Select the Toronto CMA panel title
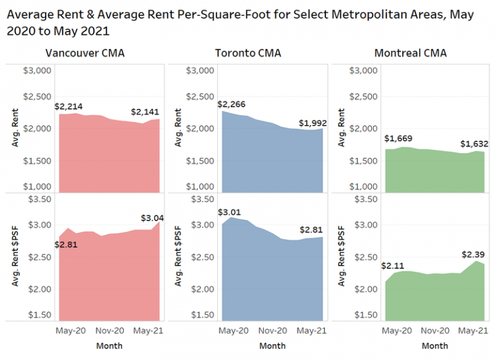pyautogui.click(x=247, y=53)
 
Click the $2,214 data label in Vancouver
pyautogui.click(x=68, y=106)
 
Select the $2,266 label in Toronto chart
pyautogui.click(x=231, y=105)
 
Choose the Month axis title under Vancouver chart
pyautogui.click(x=108, y=346)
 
